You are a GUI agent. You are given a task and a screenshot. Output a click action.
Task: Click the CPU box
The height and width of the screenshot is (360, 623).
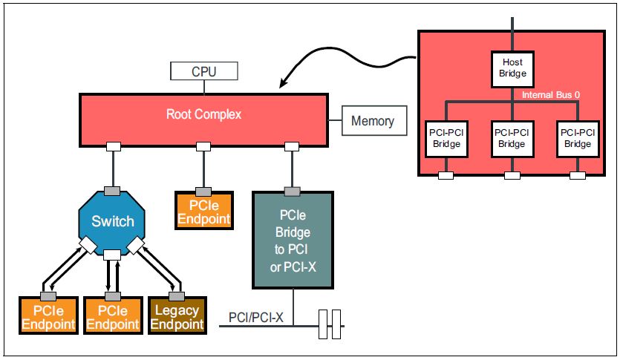tap(203, 71)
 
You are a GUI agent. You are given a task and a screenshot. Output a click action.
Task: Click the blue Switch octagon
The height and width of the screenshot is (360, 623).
tap(113, 220)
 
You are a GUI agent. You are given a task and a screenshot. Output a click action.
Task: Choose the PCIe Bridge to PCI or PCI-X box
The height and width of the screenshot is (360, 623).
tap(295, 240)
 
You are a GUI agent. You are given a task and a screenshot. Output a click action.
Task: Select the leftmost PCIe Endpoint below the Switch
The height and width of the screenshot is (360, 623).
tap(48, 315)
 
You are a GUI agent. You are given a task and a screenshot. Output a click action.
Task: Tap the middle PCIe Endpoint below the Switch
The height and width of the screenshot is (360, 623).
tap(112, 315)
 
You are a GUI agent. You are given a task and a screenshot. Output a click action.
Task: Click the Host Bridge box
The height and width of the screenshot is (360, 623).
tap(511, 68)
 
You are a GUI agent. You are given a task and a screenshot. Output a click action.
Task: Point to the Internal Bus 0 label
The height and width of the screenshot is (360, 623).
tap(550, 95)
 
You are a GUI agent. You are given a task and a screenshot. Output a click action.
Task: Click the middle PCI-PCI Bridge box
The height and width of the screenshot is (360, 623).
tap(511, 137)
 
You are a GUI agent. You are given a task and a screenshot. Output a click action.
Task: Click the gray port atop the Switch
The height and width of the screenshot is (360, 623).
tap(113, 191)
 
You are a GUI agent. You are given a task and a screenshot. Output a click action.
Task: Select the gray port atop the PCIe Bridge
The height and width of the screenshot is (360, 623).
tap(293, 192)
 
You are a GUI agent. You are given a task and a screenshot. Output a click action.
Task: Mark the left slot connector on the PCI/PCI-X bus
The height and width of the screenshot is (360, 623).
tap(323, 324)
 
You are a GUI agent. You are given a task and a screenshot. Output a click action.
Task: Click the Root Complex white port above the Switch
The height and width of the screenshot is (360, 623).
tap(113, 146)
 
